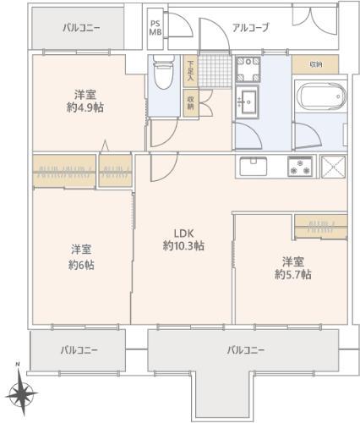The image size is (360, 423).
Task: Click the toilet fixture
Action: [163, 71]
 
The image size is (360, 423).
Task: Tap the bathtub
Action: [320, 96]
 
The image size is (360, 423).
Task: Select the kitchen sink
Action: [253, 166]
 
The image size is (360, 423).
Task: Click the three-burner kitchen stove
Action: [300, 166]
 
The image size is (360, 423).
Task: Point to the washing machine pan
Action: [248, 69]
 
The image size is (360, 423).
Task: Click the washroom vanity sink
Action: [247, 102]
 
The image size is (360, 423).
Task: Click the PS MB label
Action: [155, 28]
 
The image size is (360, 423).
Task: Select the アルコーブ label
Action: [250, 28]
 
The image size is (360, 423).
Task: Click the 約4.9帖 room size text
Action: [85, 107]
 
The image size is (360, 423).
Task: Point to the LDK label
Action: [183, 233]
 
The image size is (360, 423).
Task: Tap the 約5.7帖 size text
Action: [293, 274]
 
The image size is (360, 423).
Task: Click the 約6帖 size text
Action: [81, 265]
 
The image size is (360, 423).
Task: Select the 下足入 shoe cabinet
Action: [190, 71]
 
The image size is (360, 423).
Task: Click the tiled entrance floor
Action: [215, 71]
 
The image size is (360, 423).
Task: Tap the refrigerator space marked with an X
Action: [333, 167]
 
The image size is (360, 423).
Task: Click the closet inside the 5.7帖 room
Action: [321, 227]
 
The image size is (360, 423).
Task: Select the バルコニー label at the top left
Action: [81, 28]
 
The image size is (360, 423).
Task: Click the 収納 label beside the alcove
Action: [316, 64]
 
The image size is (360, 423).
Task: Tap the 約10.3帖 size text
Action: [183, 246]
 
